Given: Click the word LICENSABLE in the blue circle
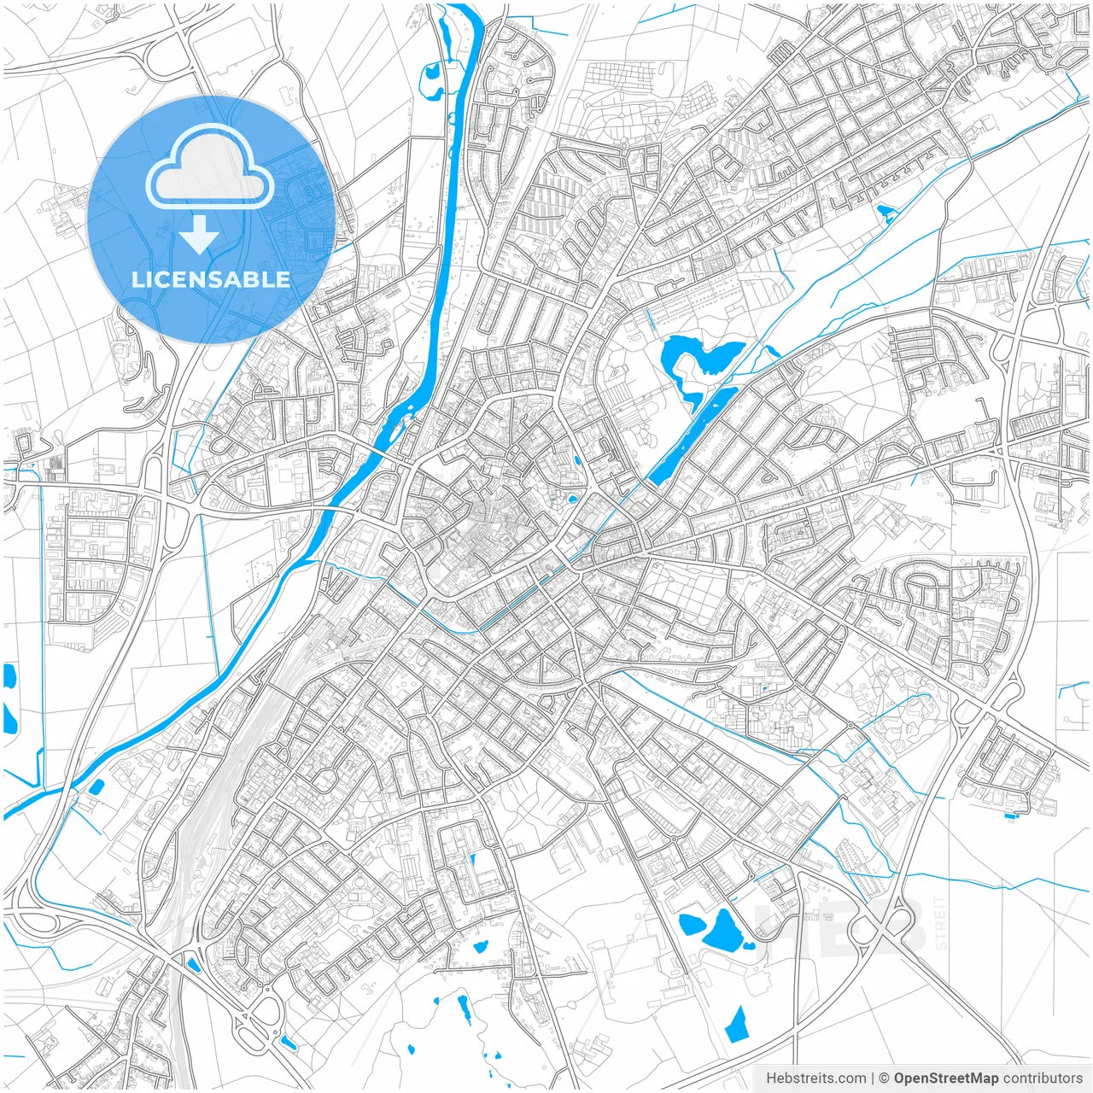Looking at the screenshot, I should pyautogui.click(x=211, y=279).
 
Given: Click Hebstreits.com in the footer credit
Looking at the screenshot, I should pyautogui.click(x=815, y=1078).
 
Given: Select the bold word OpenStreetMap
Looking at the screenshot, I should pyautogui.click(x=946, y=1078).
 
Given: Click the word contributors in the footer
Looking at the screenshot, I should pyautogui.click(x=1043, y=1078).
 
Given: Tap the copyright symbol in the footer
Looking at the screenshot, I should pyautogui.click(x=885, y=1078).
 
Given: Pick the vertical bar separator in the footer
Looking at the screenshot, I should pyautogui.click(x=873, y=1078).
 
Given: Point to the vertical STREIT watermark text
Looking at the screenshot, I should pyautogui.click(x=941, y=923).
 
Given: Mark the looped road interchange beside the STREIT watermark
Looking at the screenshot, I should pyautogui.click(x=889, y=922).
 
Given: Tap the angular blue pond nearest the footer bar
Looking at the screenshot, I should pyautogui.click(x=736, y=1024).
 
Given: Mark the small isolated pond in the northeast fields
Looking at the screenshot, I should pyautogui.click(x=884, y=210).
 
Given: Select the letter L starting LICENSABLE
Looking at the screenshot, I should pyautogui.click(x=137, y=279).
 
